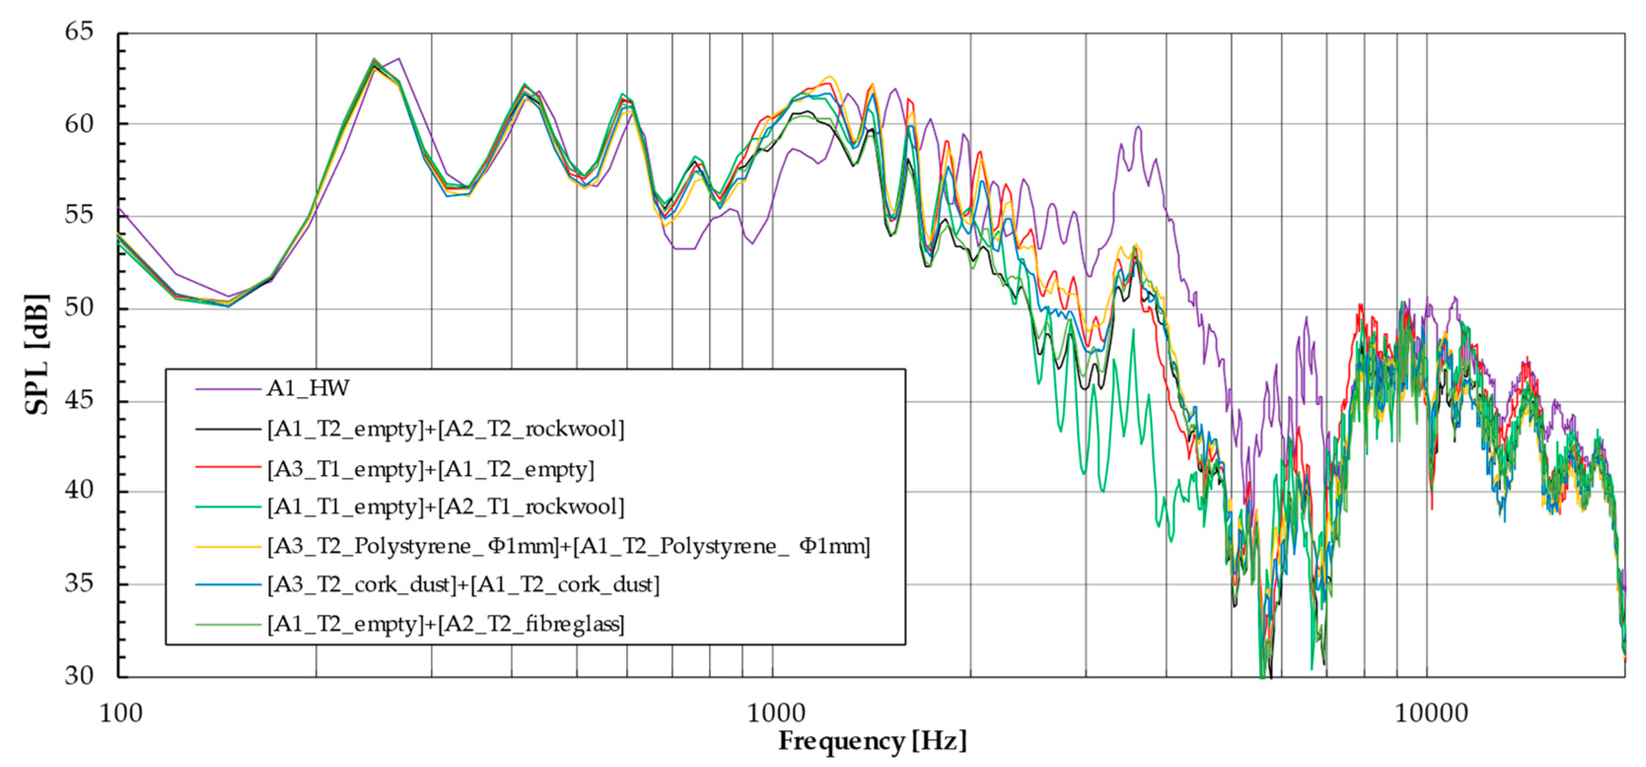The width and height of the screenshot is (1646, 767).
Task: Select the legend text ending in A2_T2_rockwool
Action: (445, 429)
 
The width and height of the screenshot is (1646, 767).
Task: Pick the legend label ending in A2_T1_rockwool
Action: (445, 506)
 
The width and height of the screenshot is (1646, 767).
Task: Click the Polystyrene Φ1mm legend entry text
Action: (568, 546)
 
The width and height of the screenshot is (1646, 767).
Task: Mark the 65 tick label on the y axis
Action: (79, 32)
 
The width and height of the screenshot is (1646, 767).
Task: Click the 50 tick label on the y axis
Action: (79, 308)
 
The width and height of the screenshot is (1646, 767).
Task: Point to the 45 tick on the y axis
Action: (79, 400)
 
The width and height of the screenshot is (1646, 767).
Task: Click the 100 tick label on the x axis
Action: (121, 713)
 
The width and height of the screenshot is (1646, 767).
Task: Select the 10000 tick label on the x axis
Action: (1431, 713)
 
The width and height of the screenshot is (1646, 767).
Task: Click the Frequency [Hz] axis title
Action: (872, 741)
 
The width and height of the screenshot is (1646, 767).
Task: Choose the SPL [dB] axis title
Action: (36, 355)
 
